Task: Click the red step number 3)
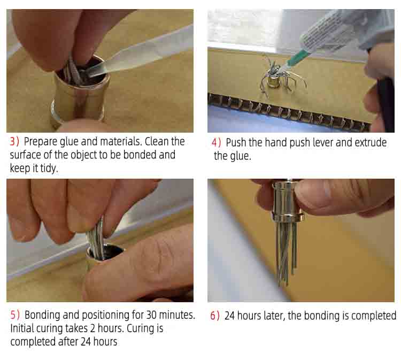[x=14, y=142]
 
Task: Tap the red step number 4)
[x=217, y=142]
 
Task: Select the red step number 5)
[x=15, y=315]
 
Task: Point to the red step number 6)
[x=215, y=316]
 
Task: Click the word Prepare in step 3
[x=41, y=142]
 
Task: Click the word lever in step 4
[x=322, y=142]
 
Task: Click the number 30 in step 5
[x=151, y=315]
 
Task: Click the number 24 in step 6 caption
[x=230, y=316]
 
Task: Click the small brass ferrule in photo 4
[x=274, y=82]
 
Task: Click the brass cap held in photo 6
[x=288, y=201]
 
